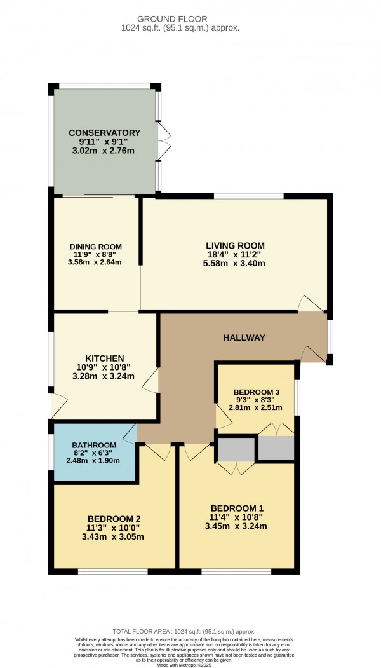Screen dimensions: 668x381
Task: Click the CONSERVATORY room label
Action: pyautogui.click(x=104, y=133)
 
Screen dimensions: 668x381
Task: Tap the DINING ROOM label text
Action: pyautogui.click(x=95, y=247)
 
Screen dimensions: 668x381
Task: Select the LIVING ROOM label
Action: pyautogui.click(x=235, y=245)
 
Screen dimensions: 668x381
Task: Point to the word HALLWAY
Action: pyautogui.click(x=243, y=337)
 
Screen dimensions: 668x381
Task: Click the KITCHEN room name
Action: pyautogui.click(x=104, y=358)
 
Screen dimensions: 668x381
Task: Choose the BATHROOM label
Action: pyautogui.click(x=94, y=444)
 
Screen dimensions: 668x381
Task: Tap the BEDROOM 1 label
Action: pyautogui.click(x=237, y=508)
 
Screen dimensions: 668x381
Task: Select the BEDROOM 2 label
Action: pyautogui.click(x=114, y=518)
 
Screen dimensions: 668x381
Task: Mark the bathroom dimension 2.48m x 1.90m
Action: pyautogui.click(x=94, y=461)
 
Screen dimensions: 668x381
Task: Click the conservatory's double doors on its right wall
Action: pyautogui.click(x=165, y=141)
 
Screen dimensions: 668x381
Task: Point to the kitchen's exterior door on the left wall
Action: pyautogui.click(x=58, y=403)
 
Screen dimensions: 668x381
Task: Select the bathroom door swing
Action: pyautogui.click(x=130, y=434)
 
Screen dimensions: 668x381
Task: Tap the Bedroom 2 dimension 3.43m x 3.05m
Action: pyautogui.click(x=114, y=536)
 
